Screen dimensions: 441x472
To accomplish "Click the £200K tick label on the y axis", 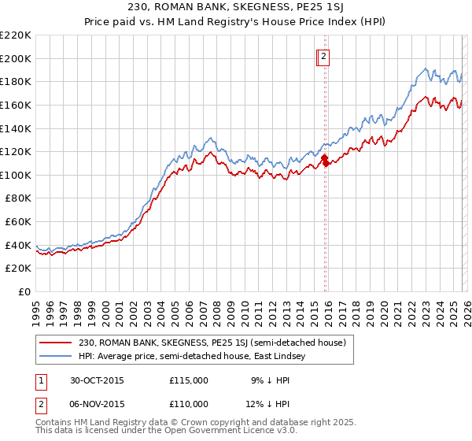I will [16, 58].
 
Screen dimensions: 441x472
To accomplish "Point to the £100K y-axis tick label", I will [16, 175].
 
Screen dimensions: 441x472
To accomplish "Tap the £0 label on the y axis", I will [24, 291].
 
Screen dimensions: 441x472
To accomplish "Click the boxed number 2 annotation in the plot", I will [323, 56].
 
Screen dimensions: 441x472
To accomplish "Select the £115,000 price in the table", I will [189, 380].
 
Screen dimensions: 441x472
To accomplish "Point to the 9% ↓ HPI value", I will [267, 380].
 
